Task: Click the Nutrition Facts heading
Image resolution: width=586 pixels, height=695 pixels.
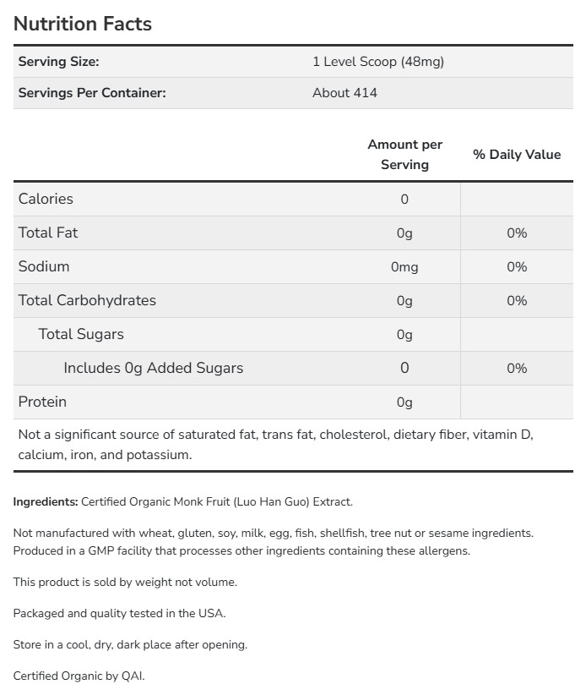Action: [x=83, y=24]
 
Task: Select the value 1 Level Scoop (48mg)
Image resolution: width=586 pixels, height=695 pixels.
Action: [x=377, y=62]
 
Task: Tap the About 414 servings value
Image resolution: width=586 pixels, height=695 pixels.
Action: [x=345, y=93]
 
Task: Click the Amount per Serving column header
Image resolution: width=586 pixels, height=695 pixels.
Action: [x=404, y=155]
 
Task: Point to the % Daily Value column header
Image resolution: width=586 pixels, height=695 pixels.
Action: [x=517, y=155]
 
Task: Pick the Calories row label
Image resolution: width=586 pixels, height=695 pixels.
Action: [x=46, y=199]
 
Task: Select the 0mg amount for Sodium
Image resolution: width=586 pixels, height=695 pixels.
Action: [x=404, y=267]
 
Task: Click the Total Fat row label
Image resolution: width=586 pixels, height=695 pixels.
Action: [x=48, y=233]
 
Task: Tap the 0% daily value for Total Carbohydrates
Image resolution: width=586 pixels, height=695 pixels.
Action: [x=517, y=301]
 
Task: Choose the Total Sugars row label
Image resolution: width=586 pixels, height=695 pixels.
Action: [x=81, y=334]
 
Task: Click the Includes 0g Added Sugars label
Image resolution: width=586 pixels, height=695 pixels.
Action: [x=153, y=368]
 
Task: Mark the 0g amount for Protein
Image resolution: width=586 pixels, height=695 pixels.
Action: [x=404, y=402]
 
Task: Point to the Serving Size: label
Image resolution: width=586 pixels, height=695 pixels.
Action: [x=58, y=62]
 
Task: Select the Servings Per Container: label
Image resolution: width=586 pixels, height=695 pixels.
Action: [x=92, y=93]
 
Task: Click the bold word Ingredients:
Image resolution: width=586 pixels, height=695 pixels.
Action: [x=46, y=501]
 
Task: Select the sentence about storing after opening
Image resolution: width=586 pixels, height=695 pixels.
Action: [x=130, y=644]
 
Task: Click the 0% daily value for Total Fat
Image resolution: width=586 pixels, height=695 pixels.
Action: [x=517, y=233]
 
